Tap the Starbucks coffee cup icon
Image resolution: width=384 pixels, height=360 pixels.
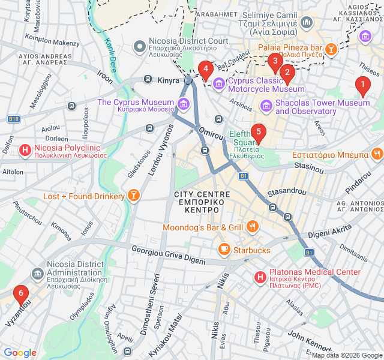[224, 249]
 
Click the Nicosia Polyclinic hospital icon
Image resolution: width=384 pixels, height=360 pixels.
[25, 149]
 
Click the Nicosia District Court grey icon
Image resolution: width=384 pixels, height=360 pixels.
[140, 46]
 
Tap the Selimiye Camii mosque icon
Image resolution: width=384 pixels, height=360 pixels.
[307, 23]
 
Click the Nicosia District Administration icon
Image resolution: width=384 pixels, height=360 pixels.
[37, 274]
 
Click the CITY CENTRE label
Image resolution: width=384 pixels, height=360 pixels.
[202, 194]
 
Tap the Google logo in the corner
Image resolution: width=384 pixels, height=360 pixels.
[20, 353]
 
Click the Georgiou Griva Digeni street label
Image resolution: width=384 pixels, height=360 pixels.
[168, 254]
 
